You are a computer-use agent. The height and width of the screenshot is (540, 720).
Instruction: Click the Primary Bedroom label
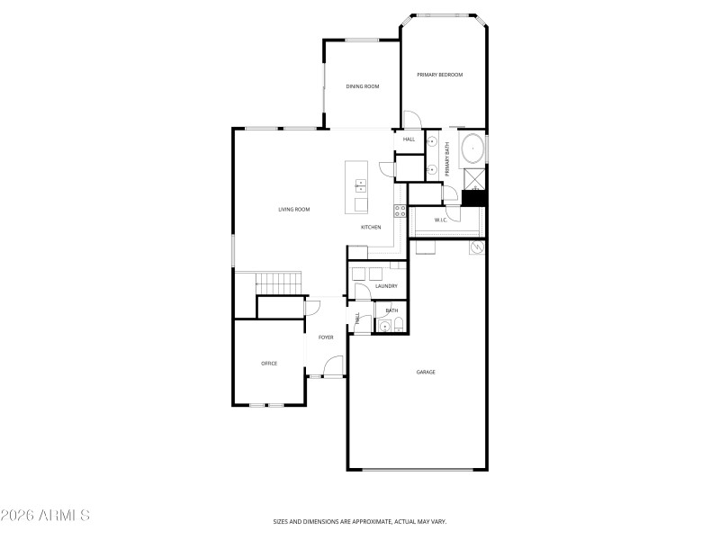click(x=439, y=75)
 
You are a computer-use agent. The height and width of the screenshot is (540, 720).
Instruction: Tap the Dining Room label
click(x=363, y=86)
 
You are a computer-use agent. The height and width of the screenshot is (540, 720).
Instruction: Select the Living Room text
click(x=293, y=210)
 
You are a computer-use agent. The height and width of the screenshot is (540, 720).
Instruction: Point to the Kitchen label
click(x=371, y=228)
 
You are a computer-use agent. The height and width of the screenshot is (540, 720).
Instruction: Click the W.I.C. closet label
click(x=441, y=220)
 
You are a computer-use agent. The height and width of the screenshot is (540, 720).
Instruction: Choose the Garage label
click(x=426, y=372)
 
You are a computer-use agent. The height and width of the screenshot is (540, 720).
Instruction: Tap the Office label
click(x=269, y=364)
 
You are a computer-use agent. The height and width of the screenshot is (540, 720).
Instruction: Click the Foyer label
click(x=326, y=337)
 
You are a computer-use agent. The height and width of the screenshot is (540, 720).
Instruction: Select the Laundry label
click(x=386, y=286)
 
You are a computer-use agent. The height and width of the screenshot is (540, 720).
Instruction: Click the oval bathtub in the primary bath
click(x=473, y=149)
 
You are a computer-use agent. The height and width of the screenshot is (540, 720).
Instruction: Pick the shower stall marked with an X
click(x=473, y=178)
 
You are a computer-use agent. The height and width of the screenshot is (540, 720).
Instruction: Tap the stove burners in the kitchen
click(x=400, y=213)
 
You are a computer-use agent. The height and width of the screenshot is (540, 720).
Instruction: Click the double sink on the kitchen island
click(x=361, y=187)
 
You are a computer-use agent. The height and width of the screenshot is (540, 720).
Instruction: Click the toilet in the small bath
click(x=399, y=326)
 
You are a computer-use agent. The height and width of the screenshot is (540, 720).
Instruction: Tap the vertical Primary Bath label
click(x=446, y=158)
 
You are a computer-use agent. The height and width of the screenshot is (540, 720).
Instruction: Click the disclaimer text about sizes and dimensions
click(x=360, y=521)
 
